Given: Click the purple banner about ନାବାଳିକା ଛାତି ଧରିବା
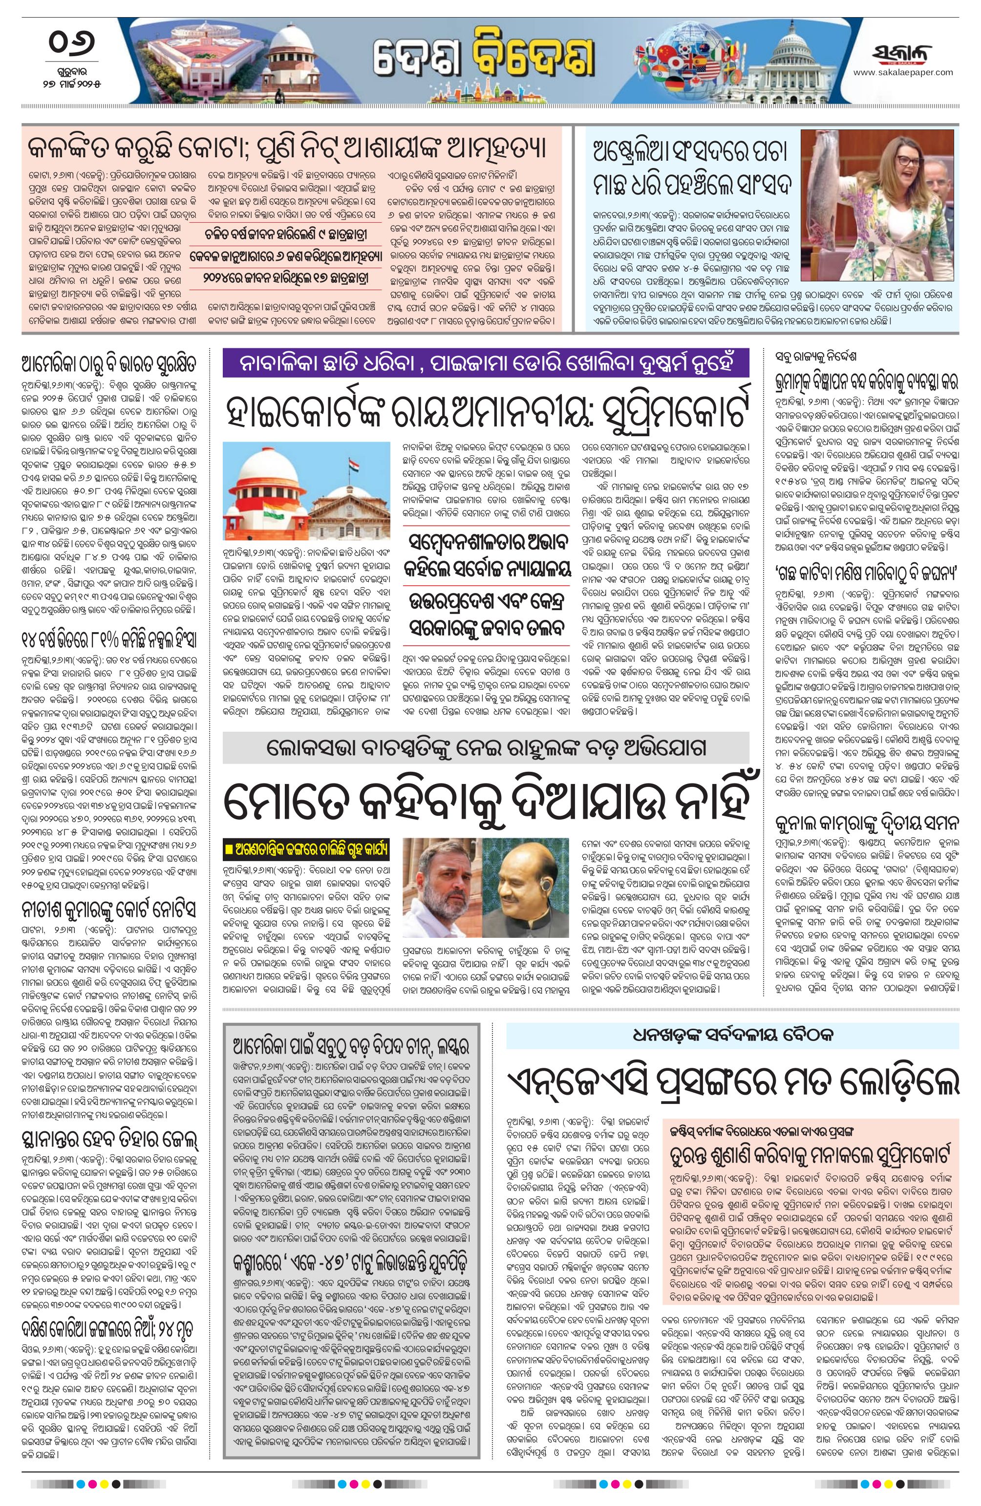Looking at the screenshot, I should pos(486,364).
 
